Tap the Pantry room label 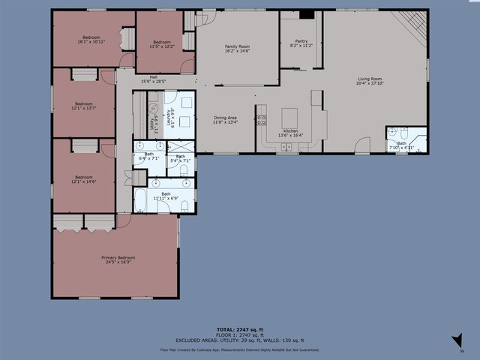pyautogui.click(x=301, y=43)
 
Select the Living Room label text pyautogui.click(x=370, y=80)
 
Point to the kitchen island pyautogui.click(x=289, y=118)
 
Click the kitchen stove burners pyautogui.click(x=261, y=118)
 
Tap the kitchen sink pyautogui.click(x=289, y=146)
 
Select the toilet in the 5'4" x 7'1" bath pyautogui.click(x=182, y=170)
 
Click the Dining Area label pyautogui.click(x=225, y=119)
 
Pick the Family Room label pyautogui.click(x=237, y=49)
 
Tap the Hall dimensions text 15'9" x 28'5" pyautogui.click(x=153, y=80)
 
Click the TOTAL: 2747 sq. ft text pyautogui.click(x=239, y=329)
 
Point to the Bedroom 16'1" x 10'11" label pyautogui.click(x=91, y=39)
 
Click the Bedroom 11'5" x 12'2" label pyautogui.click(x=163, y=44)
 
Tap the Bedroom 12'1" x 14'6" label pyautogui.click(x=83, y=180)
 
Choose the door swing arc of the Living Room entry pyautogui.click(x=362, y=145)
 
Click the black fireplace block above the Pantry pyautogui.click(x=306, y=14)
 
